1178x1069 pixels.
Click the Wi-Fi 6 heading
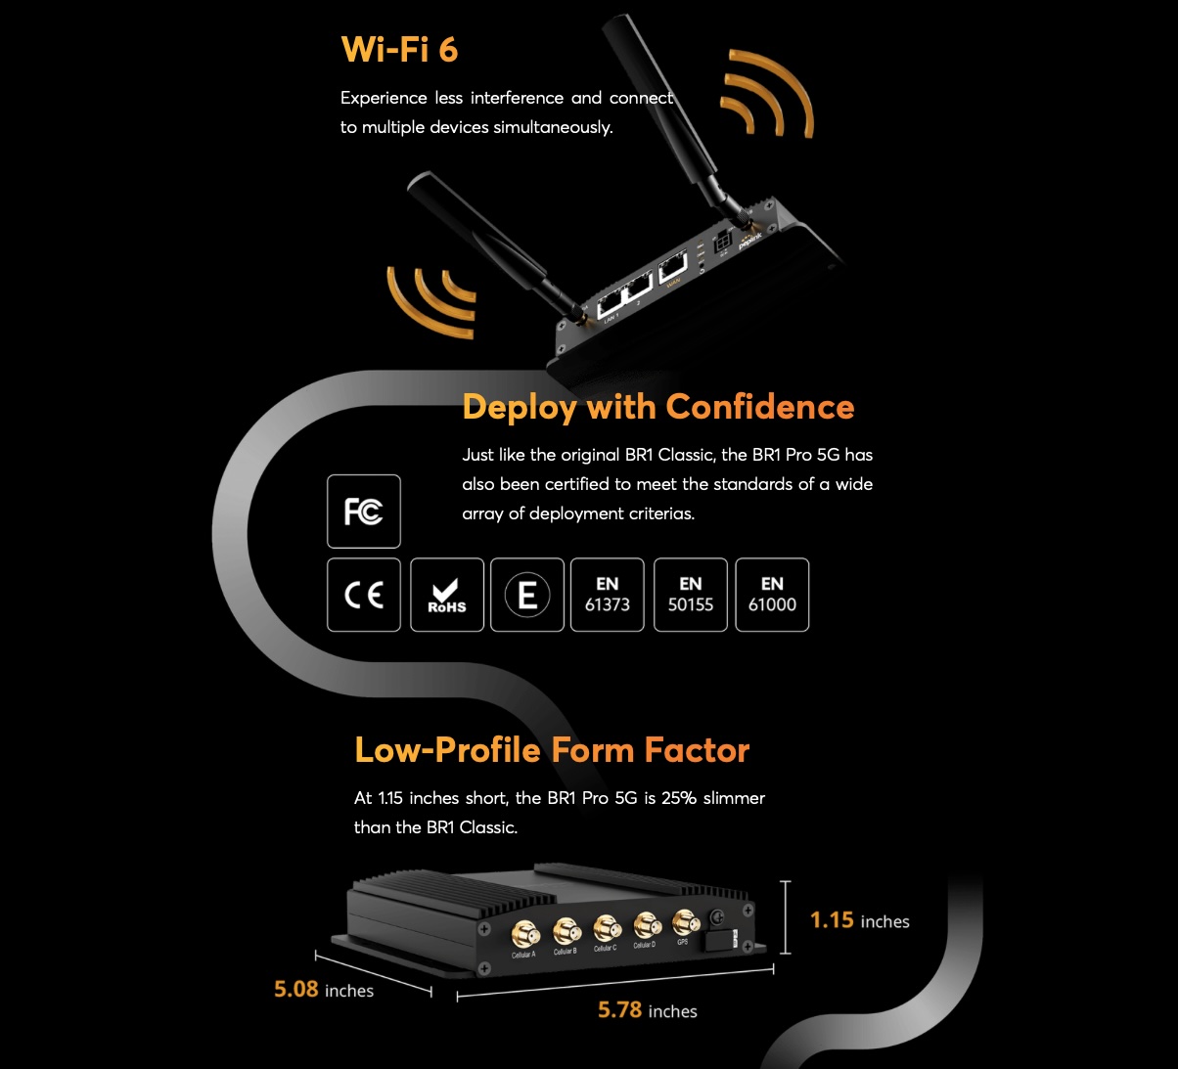[x=399, y=49]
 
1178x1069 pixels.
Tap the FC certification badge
[x=363, y=511]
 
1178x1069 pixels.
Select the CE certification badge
[x=363, y=595]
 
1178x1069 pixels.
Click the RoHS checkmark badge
[x=446, y=595]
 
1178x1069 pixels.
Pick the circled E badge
[x=526, y=595]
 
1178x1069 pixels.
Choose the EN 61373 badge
[x=607, y=595]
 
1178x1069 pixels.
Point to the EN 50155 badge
[x=690, y=595]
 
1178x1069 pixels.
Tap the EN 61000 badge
[x=772, y=595]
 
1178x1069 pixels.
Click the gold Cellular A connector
[x=524, y=932]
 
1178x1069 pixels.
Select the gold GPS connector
[x=686, y=921]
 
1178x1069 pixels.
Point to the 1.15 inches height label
[x=859, y=920]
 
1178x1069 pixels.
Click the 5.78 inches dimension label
[x=647, y=1009]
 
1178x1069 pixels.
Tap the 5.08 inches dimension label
[x=323, y=989]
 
